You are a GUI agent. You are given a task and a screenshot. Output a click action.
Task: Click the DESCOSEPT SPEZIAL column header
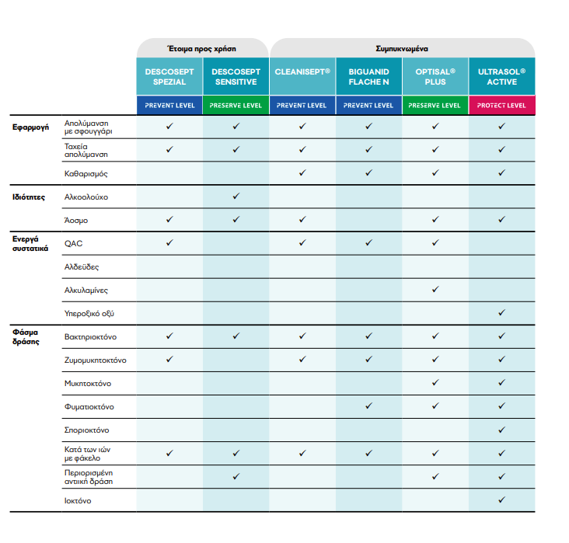(x=169, y=76)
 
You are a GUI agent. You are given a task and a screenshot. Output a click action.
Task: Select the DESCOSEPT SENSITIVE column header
(x=236, y=76)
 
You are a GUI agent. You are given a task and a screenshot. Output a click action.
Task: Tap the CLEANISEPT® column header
(x=302, y=71)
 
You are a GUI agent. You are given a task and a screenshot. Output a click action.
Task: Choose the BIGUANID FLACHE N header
(x=368, y=76)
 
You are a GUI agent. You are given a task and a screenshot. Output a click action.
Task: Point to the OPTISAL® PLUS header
(x=435, y=76)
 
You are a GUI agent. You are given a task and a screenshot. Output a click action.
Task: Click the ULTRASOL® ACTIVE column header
(x=501, y=76)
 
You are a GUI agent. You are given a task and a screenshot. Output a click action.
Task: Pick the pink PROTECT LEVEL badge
(x=501, y=106)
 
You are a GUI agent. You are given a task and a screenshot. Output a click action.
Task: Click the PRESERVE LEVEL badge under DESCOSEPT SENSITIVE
(x=236, y=106)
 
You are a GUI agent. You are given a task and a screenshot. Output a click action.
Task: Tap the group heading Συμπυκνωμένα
(x=402, y=48)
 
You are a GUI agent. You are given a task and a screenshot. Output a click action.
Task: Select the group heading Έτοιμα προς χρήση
(x=202, y=48)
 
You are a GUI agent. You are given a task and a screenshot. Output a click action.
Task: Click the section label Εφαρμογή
(x=31, y=125)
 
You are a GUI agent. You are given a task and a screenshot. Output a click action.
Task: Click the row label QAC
(x=74, y=243)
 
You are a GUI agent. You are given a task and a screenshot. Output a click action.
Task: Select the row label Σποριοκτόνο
(x=86, y=430)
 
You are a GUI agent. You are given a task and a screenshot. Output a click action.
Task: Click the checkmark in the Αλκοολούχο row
(x=236, y=197)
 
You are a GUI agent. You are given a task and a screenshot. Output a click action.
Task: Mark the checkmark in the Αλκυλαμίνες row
(x=435, y=290)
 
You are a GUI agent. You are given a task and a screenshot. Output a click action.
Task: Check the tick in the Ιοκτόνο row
(x=501, y=500)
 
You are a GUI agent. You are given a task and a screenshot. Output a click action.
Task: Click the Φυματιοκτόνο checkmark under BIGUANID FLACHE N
(x=368, y=406)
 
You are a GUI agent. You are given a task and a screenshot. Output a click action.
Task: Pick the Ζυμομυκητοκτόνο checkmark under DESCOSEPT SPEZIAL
(x=169, y=360)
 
